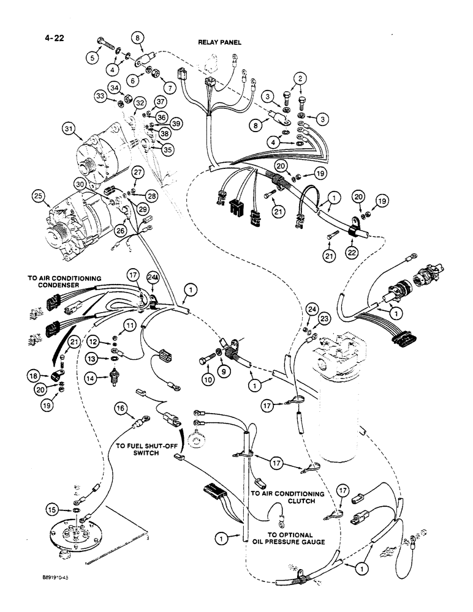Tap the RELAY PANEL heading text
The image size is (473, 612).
click(219, 42)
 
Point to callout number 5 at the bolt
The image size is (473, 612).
click(93, 58)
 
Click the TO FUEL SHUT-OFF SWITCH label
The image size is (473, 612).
click(140, 451)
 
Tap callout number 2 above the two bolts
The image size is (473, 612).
click(300, 78)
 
